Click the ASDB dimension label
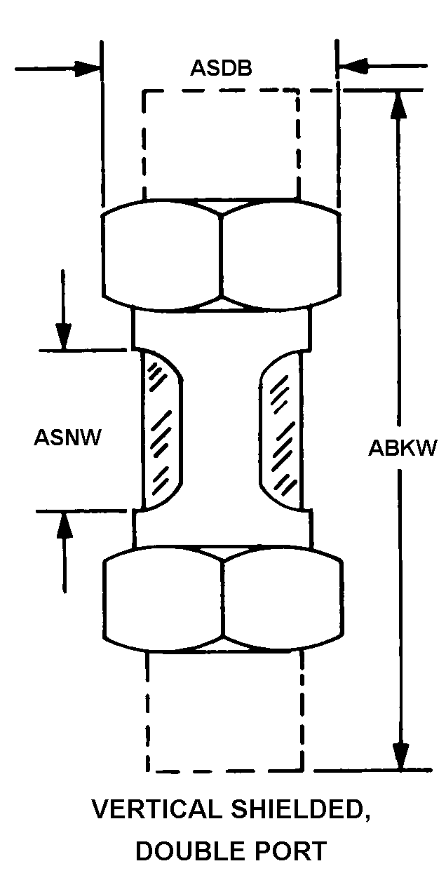[221, 68]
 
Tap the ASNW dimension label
[68, 438]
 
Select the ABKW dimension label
[403, 448]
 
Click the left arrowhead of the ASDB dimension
[87, 69]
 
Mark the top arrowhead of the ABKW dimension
[398, 105]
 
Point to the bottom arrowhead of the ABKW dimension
[401, 756]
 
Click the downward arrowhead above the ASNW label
[64, 336]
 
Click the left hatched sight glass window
[161, 429]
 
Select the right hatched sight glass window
[281, 430]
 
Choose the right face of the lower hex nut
[283, 598]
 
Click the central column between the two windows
[221, 430]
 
